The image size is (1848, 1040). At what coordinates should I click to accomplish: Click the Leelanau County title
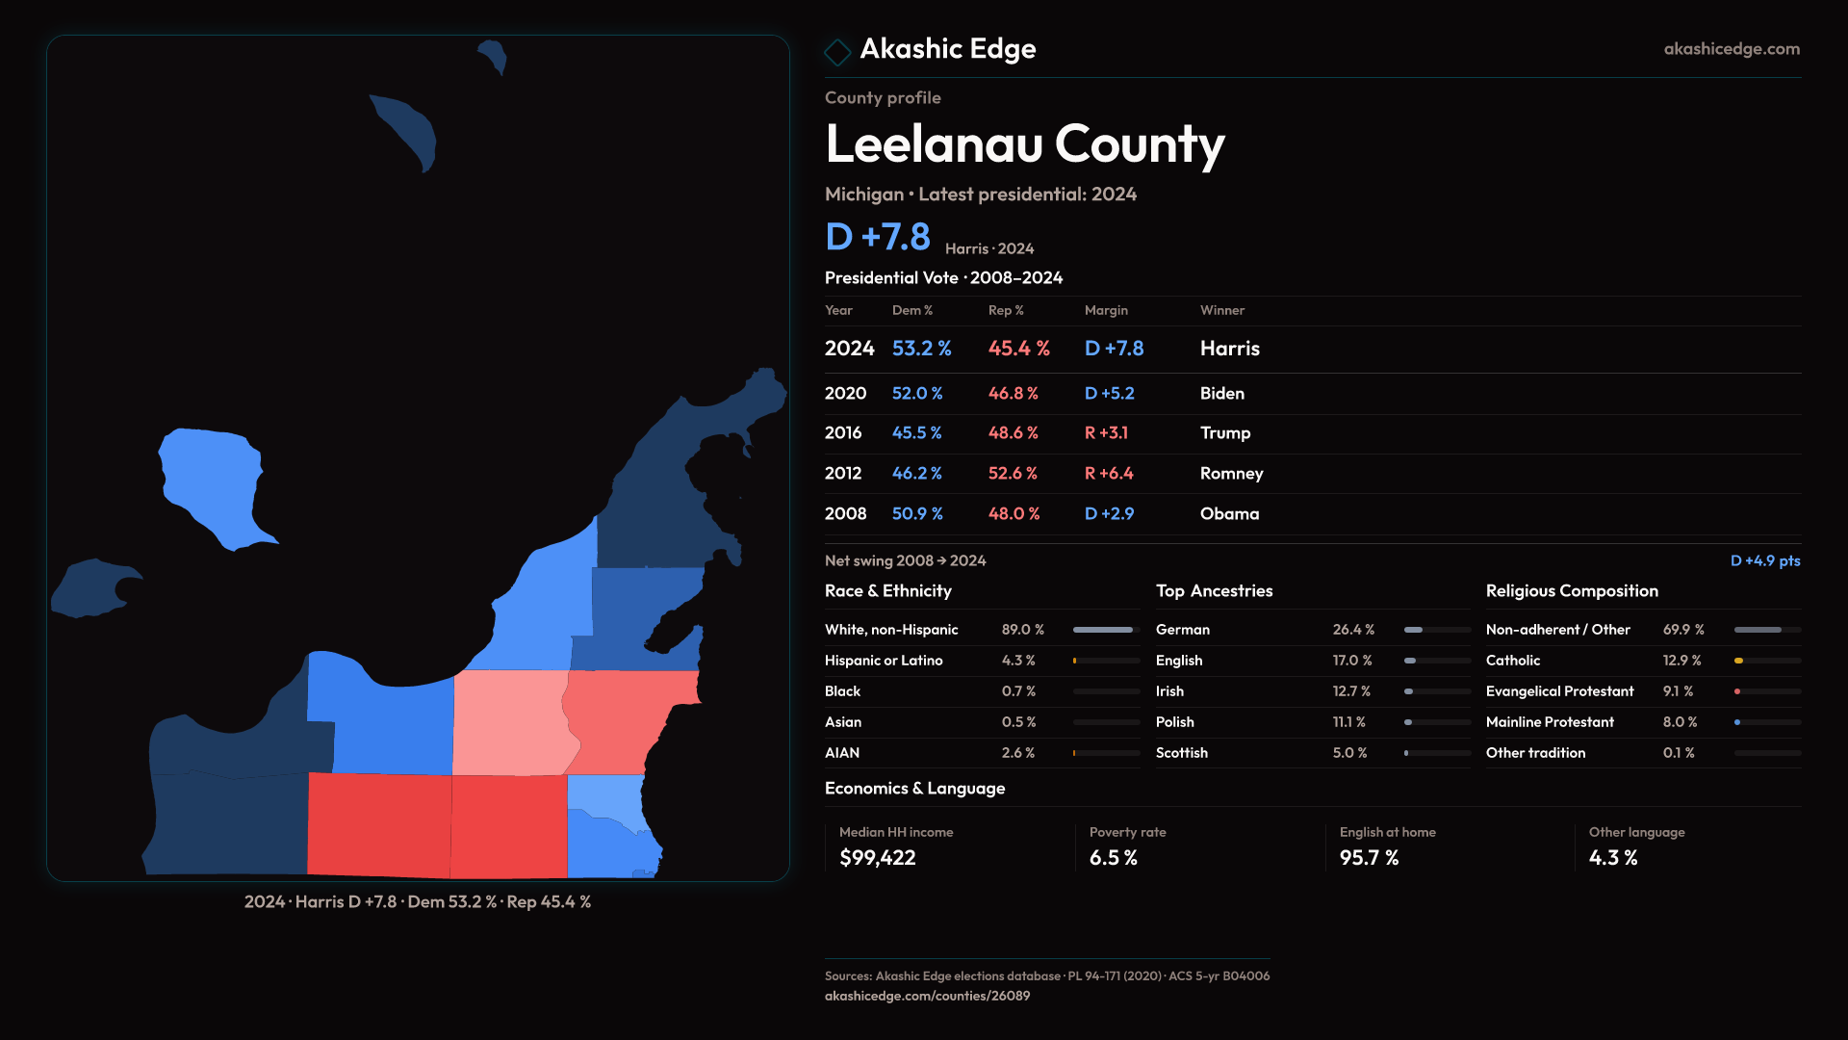click(1024, 144)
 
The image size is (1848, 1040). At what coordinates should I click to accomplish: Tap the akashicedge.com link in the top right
click(1731, 49)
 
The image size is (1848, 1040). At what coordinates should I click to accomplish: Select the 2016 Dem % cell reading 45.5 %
click(916, 433)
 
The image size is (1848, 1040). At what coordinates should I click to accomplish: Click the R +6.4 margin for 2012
click(1108, 474)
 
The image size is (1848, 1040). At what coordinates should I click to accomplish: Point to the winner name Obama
click(1229, 514)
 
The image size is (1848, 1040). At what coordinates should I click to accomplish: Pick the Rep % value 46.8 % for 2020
click(1013, 394)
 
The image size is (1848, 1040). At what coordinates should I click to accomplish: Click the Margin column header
click(1105, 310)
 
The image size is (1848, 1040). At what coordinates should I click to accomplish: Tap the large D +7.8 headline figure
click(877, 237)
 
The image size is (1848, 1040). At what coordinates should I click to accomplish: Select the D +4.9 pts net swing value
click(1764, 561)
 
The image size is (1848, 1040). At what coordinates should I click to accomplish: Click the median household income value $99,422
click(877, 858)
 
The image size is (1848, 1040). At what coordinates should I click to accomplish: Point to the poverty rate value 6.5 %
click(1113, 858)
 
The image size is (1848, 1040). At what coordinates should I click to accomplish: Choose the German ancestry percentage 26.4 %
click(1352, 630)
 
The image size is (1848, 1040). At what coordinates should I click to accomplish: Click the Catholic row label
click(1512, 661)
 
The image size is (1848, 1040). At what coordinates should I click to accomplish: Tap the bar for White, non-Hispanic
click(1105, 630)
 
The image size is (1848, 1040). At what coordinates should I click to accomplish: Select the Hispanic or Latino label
click(883, 661)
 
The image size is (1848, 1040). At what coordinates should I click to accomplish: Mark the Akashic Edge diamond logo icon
click(837, 52)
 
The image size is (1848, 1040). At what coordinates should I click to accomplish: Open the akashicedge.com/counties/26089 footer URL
click(926, 997)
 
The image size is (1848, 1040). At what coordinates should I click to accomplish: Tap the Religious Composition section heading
click(1571, 591)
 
